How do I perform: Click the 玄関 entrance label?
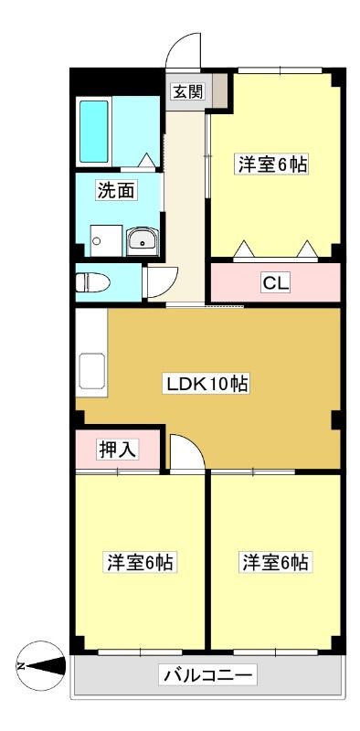(x=188, y=92)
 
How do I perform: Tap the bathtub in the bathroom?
(x=94, y=132)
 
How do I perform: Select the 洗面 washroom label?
(x=117, y=190)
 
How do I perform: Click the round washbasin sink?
(x=143, y=241)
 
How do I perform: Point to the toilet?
(x=92, y=282)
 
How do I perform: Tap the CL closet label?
(x=276, y=282)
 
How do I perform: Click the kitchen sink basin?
(x=92, y=371)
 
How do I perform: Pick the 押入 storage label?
(x=117, y=449)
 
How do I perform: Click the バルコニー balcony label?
(x=208, y=674)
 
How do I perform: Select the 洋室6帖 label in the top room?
(x=273, y=164)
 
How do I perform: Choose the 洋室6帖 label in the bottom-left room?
(x=140, y=562)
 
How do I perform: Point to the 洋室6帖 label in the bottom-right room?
(x=275, y=562)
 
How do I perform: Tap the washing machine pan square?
(x=106, y=240)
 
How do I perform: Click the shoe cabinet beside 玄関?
(x=218, y=90)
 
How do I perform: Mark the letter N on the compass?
(x=20, y=665)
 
